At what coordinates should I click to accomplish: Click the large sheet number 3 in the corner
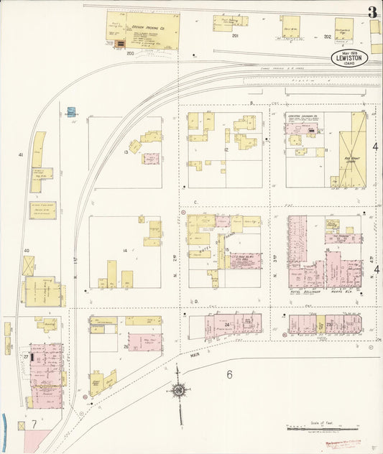pyautogui.click(x=372, y=11)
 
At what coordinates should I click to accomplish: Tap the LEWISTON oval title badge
pyautogui.click(x=351, y=57)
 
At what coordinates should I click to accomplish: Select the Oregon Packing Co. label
pyautogui.click(x=148, y=28)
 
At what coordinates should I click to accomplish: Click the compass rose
pyautogui.click(x=177, y=390)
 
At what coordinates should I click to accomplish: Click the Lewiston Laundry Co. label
pyautogui.click(x=303, y=116)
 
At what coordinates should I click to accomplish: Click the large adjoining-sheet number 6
pyautogui.click(x=229, y=374)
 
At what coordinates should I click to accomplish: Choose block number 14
pyautogui.click(x=125, y=250)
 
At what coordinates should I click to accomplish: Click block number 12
pyautogui.click(x=226, y=149)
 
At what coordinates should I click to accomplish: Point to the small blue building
pyautogui.click(x=70, y=112)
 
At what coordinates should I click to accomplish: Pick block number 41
pyautogui.click(x=21, y=154)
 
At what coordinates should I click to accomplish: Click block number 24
pyautogui.click(x=227, y=325)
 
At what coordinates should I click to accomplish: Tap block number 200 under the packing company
pyautogui.click(x=130, y=53)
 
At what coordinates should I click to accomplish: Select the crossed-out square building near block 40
pyautogui.click(x=28, y=266)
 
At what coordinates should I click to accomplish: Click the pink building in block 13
pyautogui.click(x=151, y=159)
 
